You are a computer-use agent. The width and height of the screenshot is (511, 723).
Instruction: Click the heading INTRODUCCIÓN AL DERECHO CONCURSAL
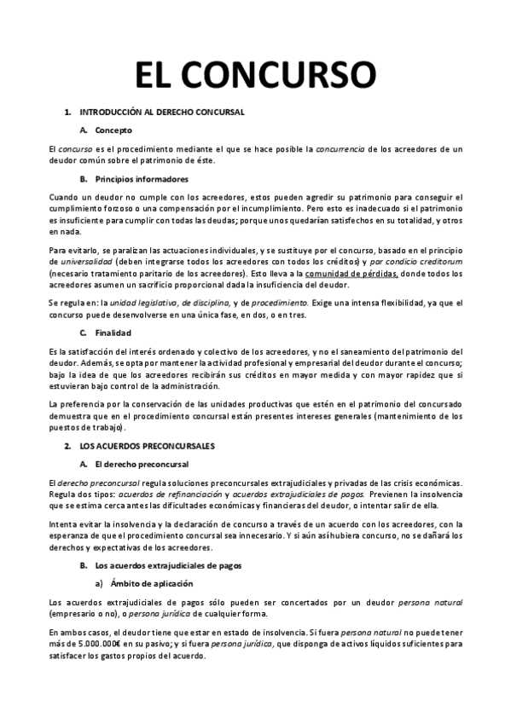click(x=162, y=112)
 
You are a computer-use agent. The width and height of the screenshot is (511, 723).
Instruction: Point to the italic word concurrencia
click(x=340, y=149)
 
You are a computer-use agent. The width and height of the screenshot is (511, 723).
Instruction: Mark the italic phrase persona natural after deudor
click(x=434, y=603)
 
